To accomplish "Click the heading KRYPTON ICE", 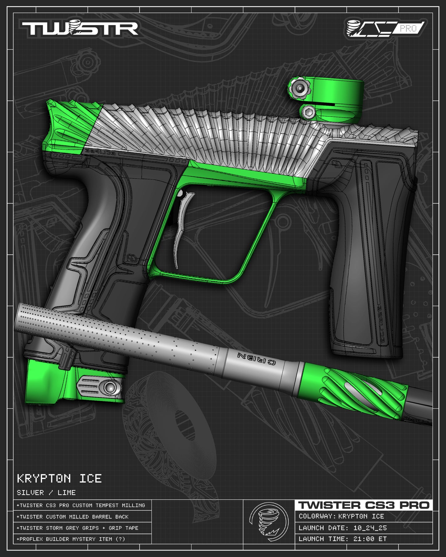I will (59, 479).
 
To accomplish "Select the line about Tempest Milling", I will (81, 505).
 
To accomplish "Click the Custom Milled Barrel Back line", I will (73, 517).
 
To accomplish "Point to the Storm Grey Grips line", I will (77, 528).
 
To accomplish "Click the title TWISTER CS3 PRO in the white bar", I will (364, 505).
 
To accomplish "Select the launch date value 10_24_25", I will (370, 528).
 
